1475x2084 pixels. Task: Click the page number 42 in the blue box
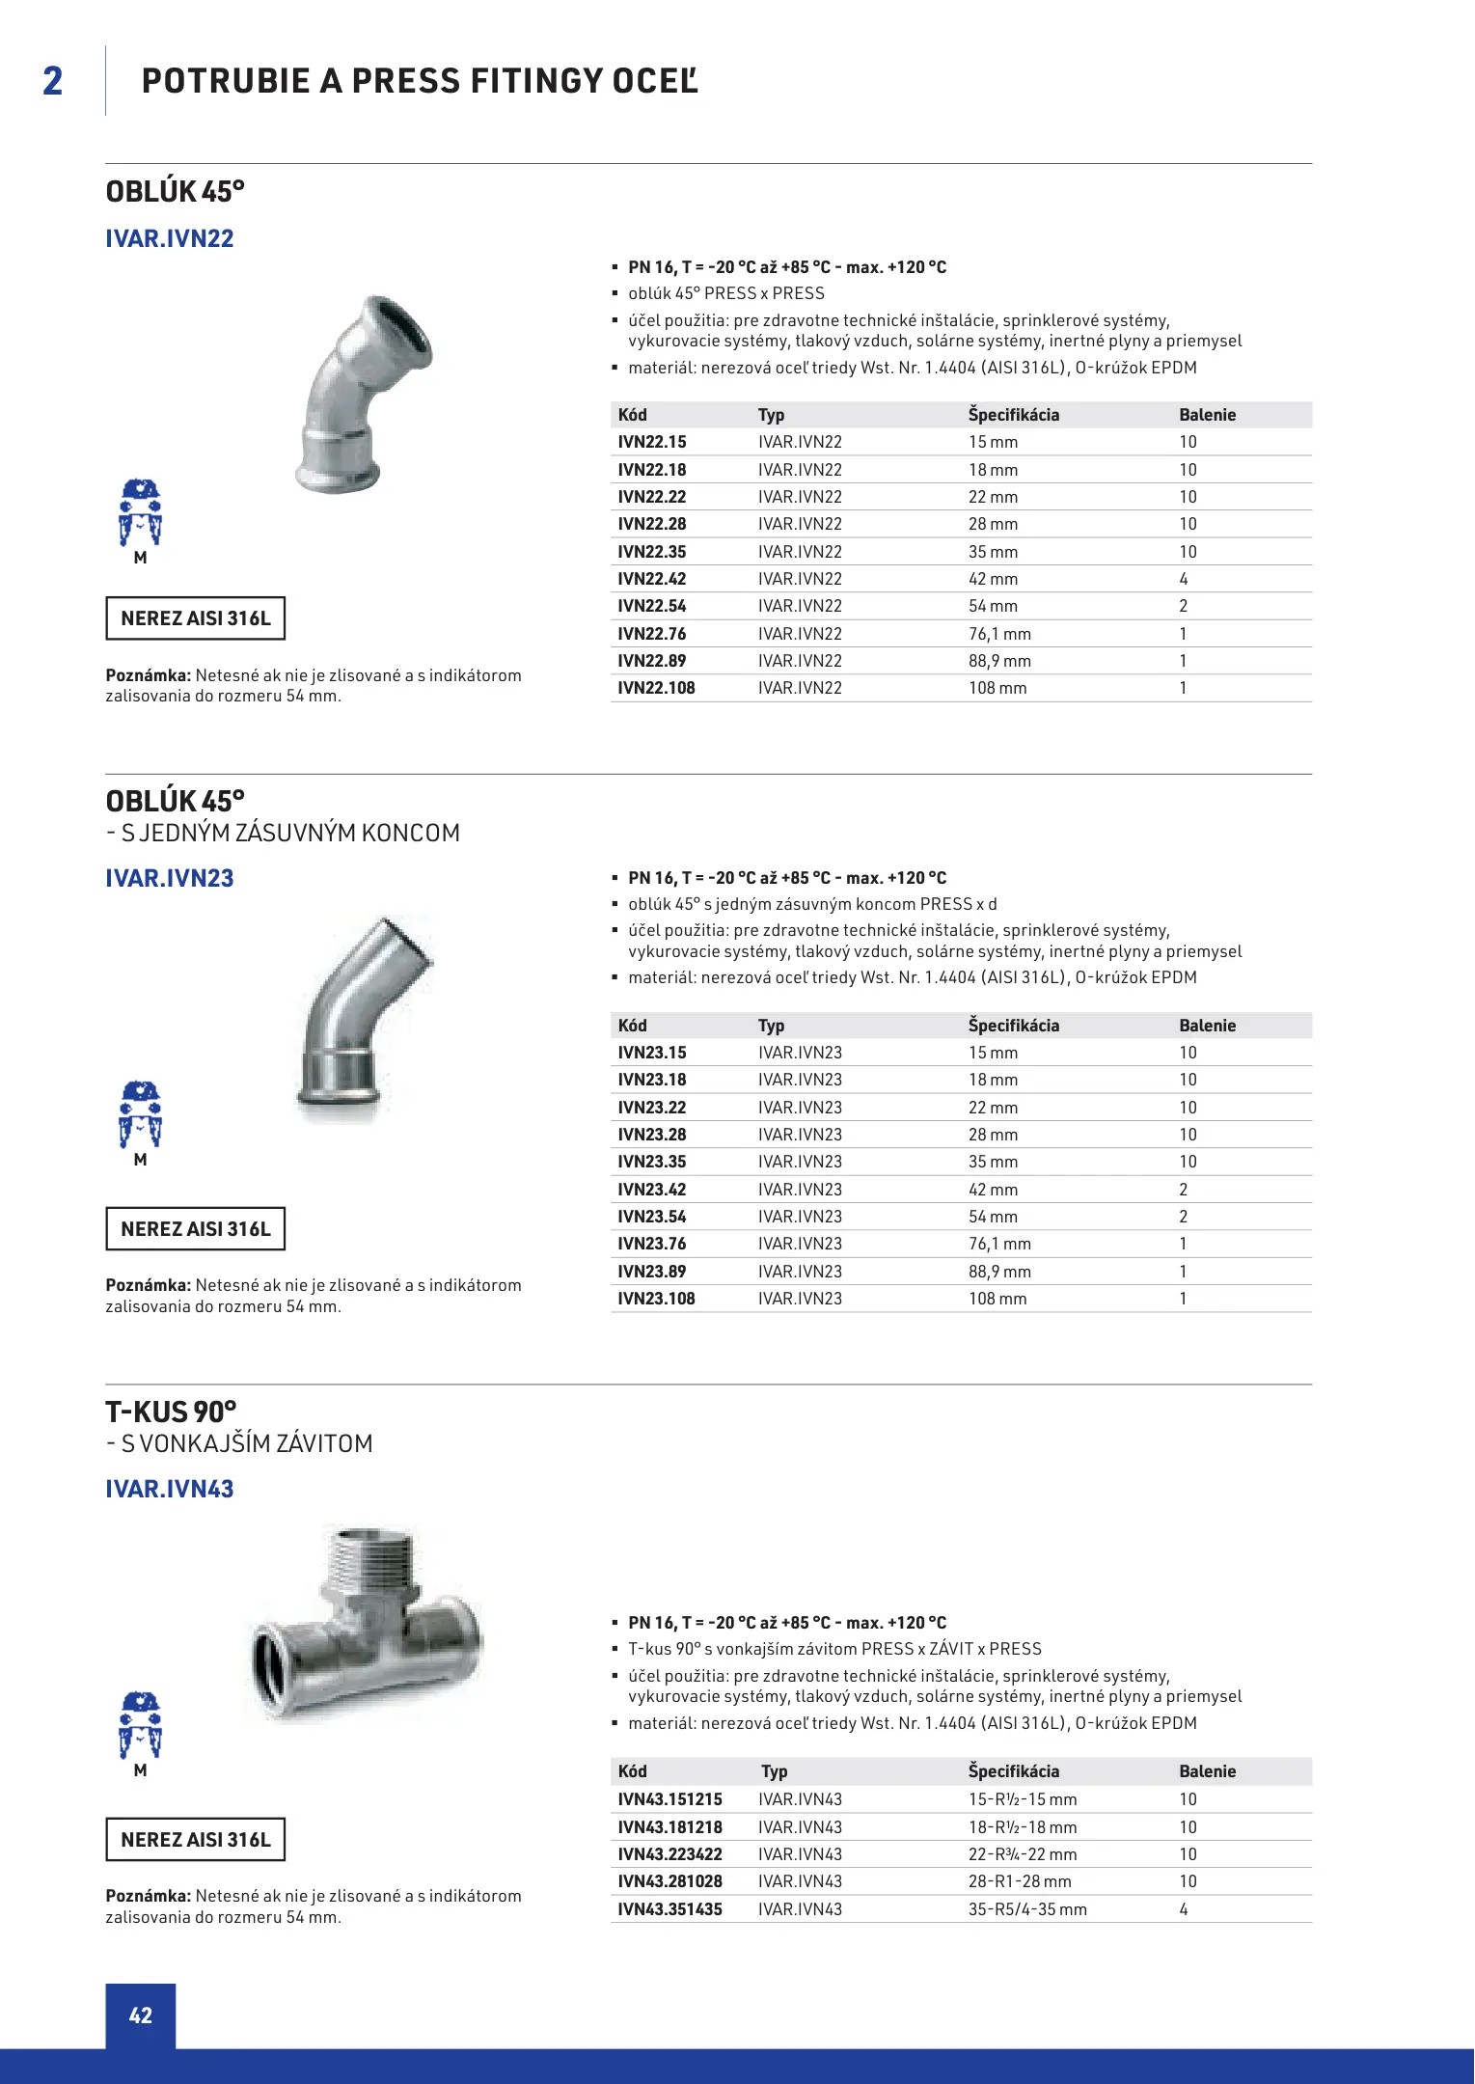coord(141,2015)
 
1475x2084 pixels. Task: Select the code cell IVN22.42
coord(652,579)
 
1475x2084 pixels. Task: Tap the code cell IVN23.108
coord(656,1299)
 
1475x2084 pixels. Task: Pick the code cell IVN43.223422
coord(669,1854)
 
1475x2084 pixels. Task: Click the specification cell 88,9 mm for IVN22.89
coord(999,661)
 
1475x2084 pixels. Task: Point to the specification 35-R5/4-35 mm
coord(1027,1909)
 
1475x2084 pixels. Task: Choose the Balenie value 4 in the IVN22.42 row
coord(1184,579)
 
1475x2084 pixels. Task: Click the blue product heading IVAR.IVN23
coord(170,878)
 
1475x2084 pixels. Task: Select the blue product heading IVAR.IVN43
coord(170,1489)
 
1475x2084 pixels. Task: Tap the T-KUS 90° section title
coord(171,1412)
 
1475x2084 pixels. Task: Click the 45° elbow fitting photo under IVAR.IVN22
coord(361,396)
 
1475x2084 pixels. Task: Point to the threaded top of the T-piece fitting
coord(369,1555)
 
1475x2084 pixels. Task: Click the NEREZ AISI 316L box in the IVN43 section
coord(195,1840)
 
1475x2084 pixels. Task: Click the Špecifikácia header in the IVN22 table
coord(1013,415)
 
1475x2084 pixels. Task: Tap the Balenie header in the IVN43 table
coord(1207,1771)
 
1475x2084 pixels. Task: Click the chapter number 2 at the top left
coord(53,81)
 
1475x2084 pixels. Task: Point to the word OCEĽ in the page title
coord(655,81)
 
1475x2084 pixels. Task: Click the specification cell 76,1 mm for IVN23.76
coord(999,1244)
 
